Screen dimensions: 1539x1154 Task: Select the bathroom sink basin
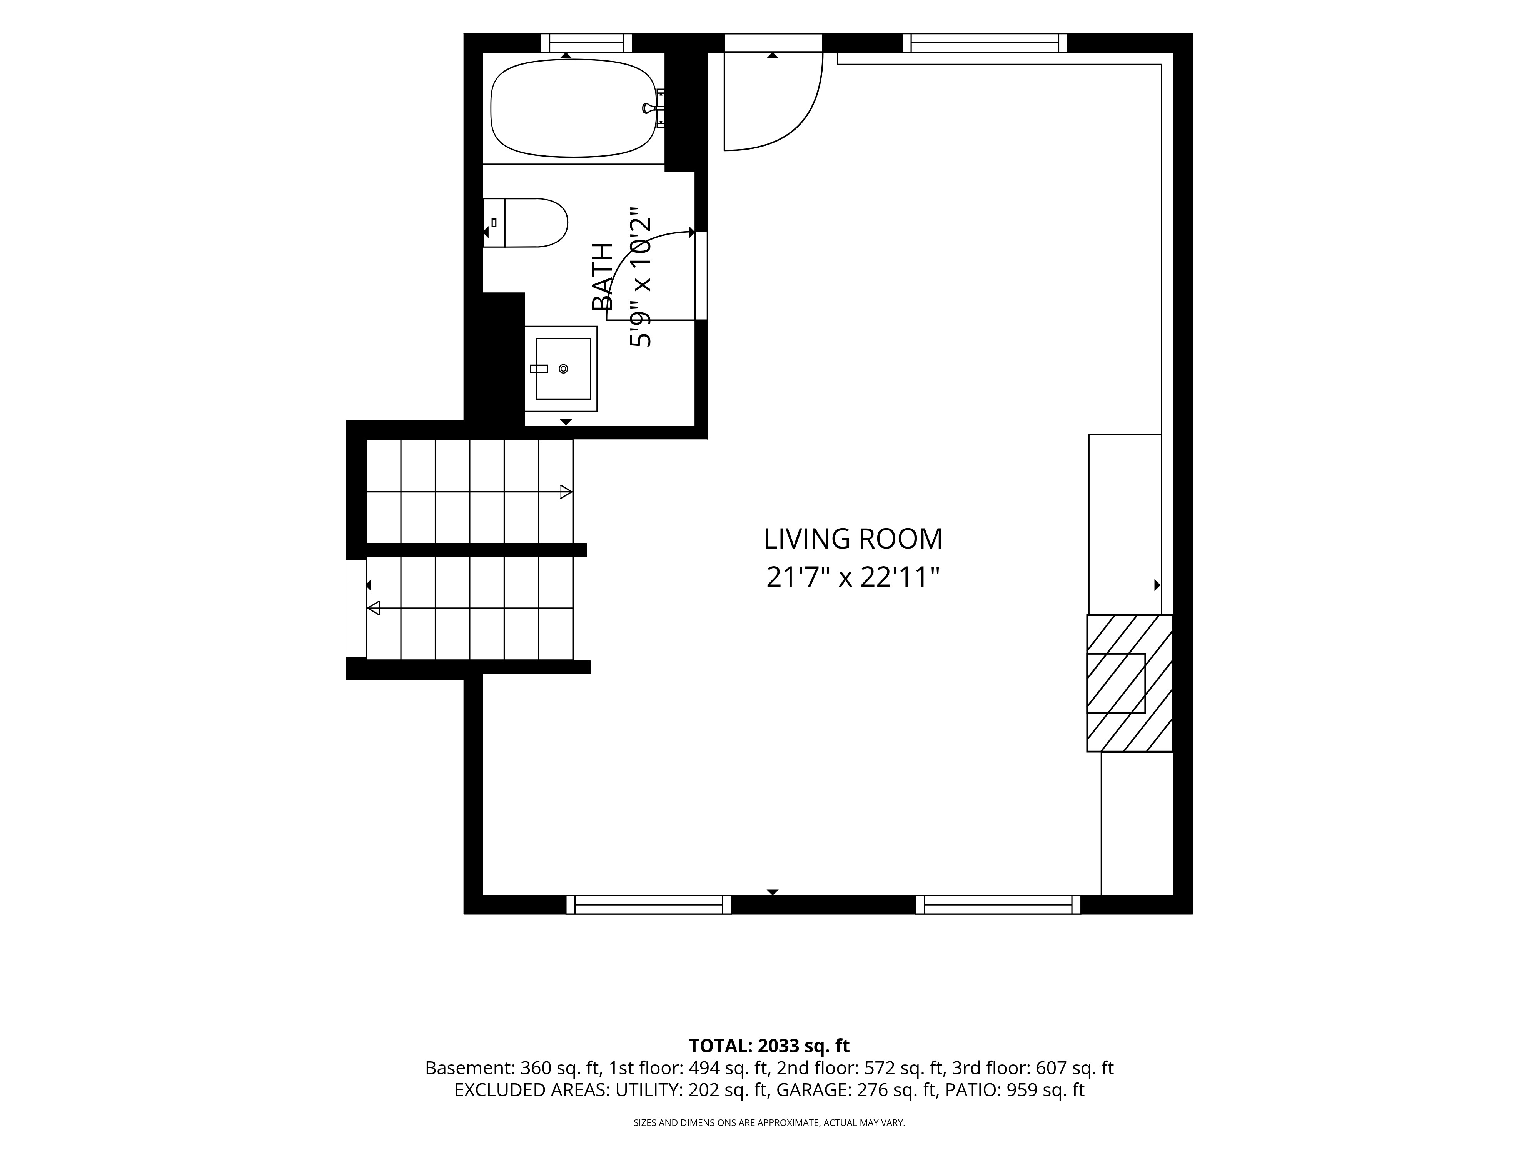(563, 369)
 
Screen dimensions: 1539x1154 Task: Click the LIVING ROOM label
(853, 539)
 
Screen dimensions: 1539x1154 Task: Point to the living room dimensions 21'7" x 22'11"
(853, 577)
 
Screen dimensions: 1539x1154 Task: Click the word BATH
(603, 277)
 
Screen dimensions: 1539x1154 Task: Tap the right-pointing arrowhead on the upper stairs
(566, 492)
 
